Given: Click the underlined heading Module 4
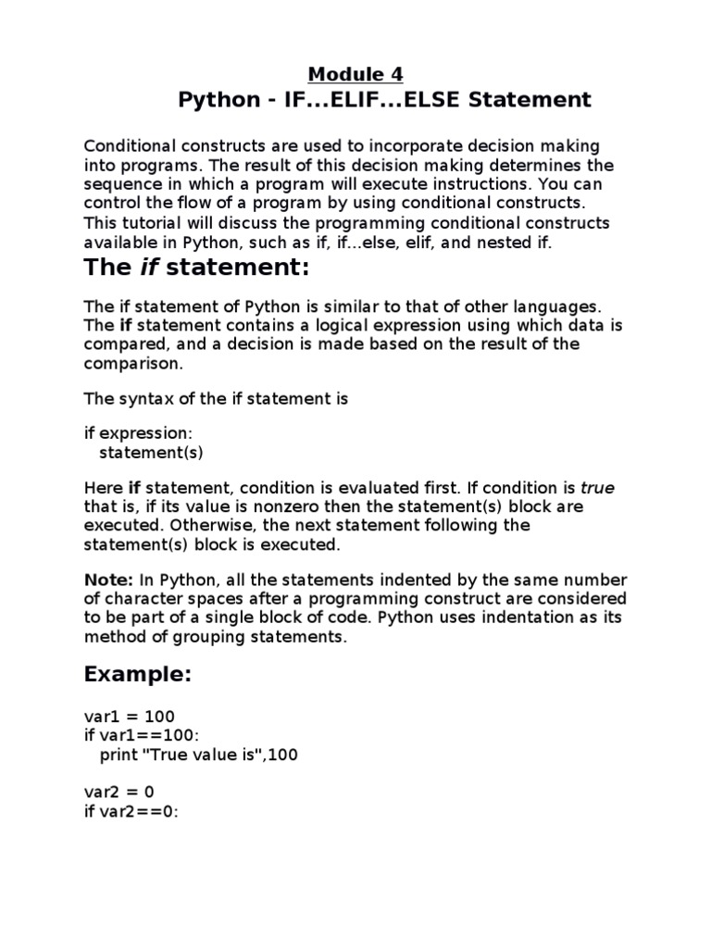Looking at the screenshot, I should pos(355,74).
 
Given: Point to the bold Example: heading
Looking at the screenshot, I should pos(138,674).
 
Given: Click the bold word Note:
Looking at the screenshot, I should pos(109,580).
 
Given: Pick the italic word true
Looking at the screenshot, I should pos(597,487).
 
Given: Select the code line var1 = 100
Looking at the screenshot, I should pos(129,716).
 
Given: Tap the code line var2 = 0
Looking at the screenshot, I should pos(123,792).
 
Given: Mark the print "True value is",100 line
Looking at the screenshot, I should pos(199,755).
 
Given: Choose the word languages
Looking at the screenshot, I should pos(560,306).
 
